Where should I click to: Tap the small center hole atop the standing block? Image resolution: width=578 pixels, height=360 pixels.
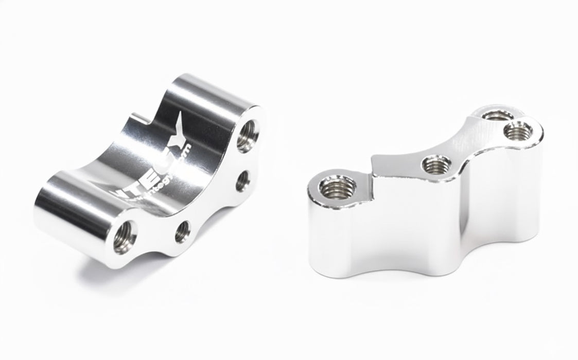(x=434, y=165)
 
